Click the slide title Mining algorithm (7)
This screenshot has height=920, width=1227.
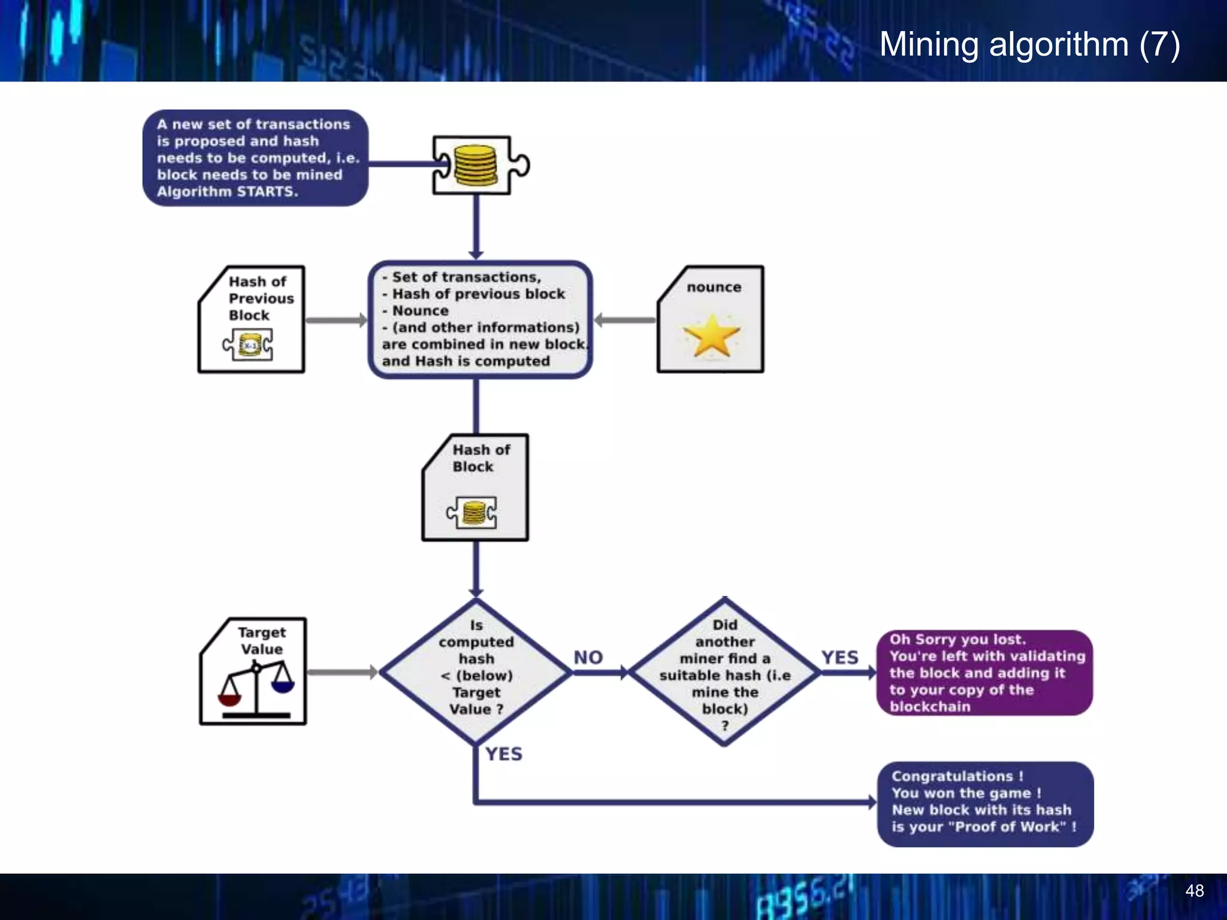pyautogui.click(x=1029, y=44)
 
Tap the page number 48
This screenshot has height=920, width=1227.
pyautogui.click(x=1194, y=891)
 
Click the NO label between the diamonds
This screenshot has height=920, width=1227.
pyautogui.click(x=588, y=658)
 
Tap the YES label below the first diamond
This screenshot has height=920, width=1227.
pyautogui.click(x=503, y=754)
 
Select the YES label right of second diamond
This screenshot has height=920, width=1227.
pyautogui.click(x=839, y=658)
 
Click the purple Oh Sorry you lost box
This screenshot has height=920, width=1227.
pyautogui.click(x=984, y=673)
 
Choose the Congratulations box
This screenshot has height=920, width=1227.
pyautogui.click(x=985, y=803)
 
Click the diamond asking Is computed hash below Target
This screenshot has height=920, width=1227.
pyautogui.click(x=476, y=672)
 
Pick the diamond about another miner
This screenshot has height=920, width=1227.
pyautogui.click(x=724, y=673)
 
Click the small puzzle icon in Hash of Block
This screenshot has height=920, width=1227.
pyautogui.click(x=472, y=513)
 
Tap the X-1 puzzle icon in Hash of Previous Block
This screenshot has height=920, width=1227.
pyautogui.click(x=248, y=345)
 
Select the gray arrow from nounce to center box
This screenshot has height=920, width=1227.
pyautogui.click(x=625, y=320)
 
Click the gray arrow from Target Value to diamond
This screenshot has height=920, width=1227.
pyautogui.click(x=341, y=672)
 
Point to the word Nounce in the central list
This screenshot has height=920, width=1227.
pyautogui.click(x=420, y=311)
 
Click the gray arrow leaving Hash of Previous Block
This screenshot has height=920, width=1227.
pyautogui.click(x=336, y=320)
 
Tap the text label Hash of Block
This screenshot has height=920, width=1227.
pyautogui.click(x=480, y=458)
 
